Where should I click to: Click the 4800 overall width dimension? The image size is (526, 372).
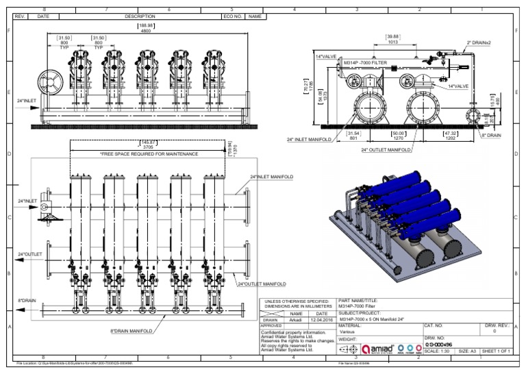point(145,31)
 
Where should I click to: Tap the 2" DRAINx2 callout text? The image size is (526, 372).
point(479,42)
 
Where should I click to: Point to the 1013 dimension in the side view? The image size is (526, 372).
point(392,42)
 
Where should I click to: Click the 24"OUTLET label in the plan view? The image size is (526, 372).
point(29,254)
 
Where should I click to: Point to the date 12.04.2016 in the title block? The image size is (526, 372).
point(321,319)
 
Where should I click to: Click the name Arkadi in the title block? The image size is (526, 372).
point(296,319)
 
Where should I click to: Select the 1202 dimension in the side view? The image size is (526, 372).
point(451,138)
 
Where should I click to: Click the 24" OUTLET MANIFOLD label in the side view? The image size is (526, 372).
point(386,149)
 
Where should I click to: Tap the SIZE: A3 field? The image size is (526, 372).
point(468,351)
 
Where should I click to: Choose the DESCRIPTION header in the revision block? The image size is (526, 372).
point(140,16)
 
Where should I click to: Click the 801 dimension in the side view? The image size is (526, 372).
point(353,138)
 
